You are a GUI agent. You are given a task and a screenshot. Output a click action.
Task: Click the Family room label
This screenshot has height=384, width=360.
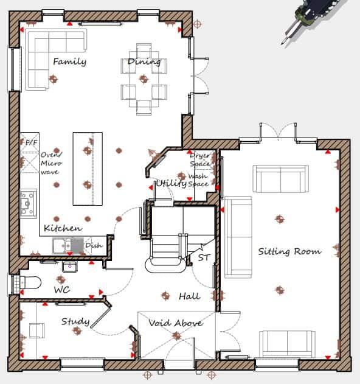69,61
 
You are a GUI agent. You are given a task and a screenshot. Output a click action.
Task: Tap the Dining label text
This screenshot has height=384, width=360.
144,61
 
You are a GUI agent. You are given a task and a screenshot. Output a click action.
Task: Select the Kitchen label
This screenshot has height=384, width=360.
63,228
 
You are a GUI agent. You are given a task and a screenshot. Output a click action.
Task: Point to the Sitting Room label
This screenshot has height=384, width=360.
289,251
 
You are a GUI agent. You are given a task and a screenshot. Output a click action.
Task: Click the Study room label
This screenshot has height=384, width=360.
75,321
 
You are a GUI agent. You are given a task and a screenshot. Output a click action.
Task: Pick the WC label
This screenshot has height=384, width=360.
62,290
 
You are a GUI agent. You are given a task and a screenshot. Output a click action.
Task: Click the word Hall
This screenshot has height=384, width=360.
189,296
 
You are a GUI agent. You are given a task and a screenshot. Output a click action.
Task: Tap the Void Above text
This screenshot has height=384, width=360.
176,323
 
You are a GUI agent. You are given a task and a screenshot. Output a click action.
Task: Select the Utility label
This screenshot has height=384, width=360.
171,183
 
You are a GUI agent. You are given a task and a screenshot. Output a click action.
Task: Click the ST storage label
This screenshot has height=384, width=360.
204,258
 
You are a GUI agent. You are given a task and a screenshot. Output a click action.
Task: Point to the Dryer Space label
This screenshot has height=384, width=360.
199,159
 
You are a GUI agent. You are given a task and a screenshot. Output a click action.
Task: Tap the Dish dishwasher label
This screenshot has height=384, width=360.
94,245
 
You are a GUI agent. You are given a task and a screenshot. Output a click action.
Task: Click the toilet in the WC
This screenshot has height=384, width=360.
29,282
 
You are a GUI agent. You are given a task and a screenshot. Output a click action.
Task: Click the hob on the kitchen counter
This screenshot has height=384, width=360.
28,204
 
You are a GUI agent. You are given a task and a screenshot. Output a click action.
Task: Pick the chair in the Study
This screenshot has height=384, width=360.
36,330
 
